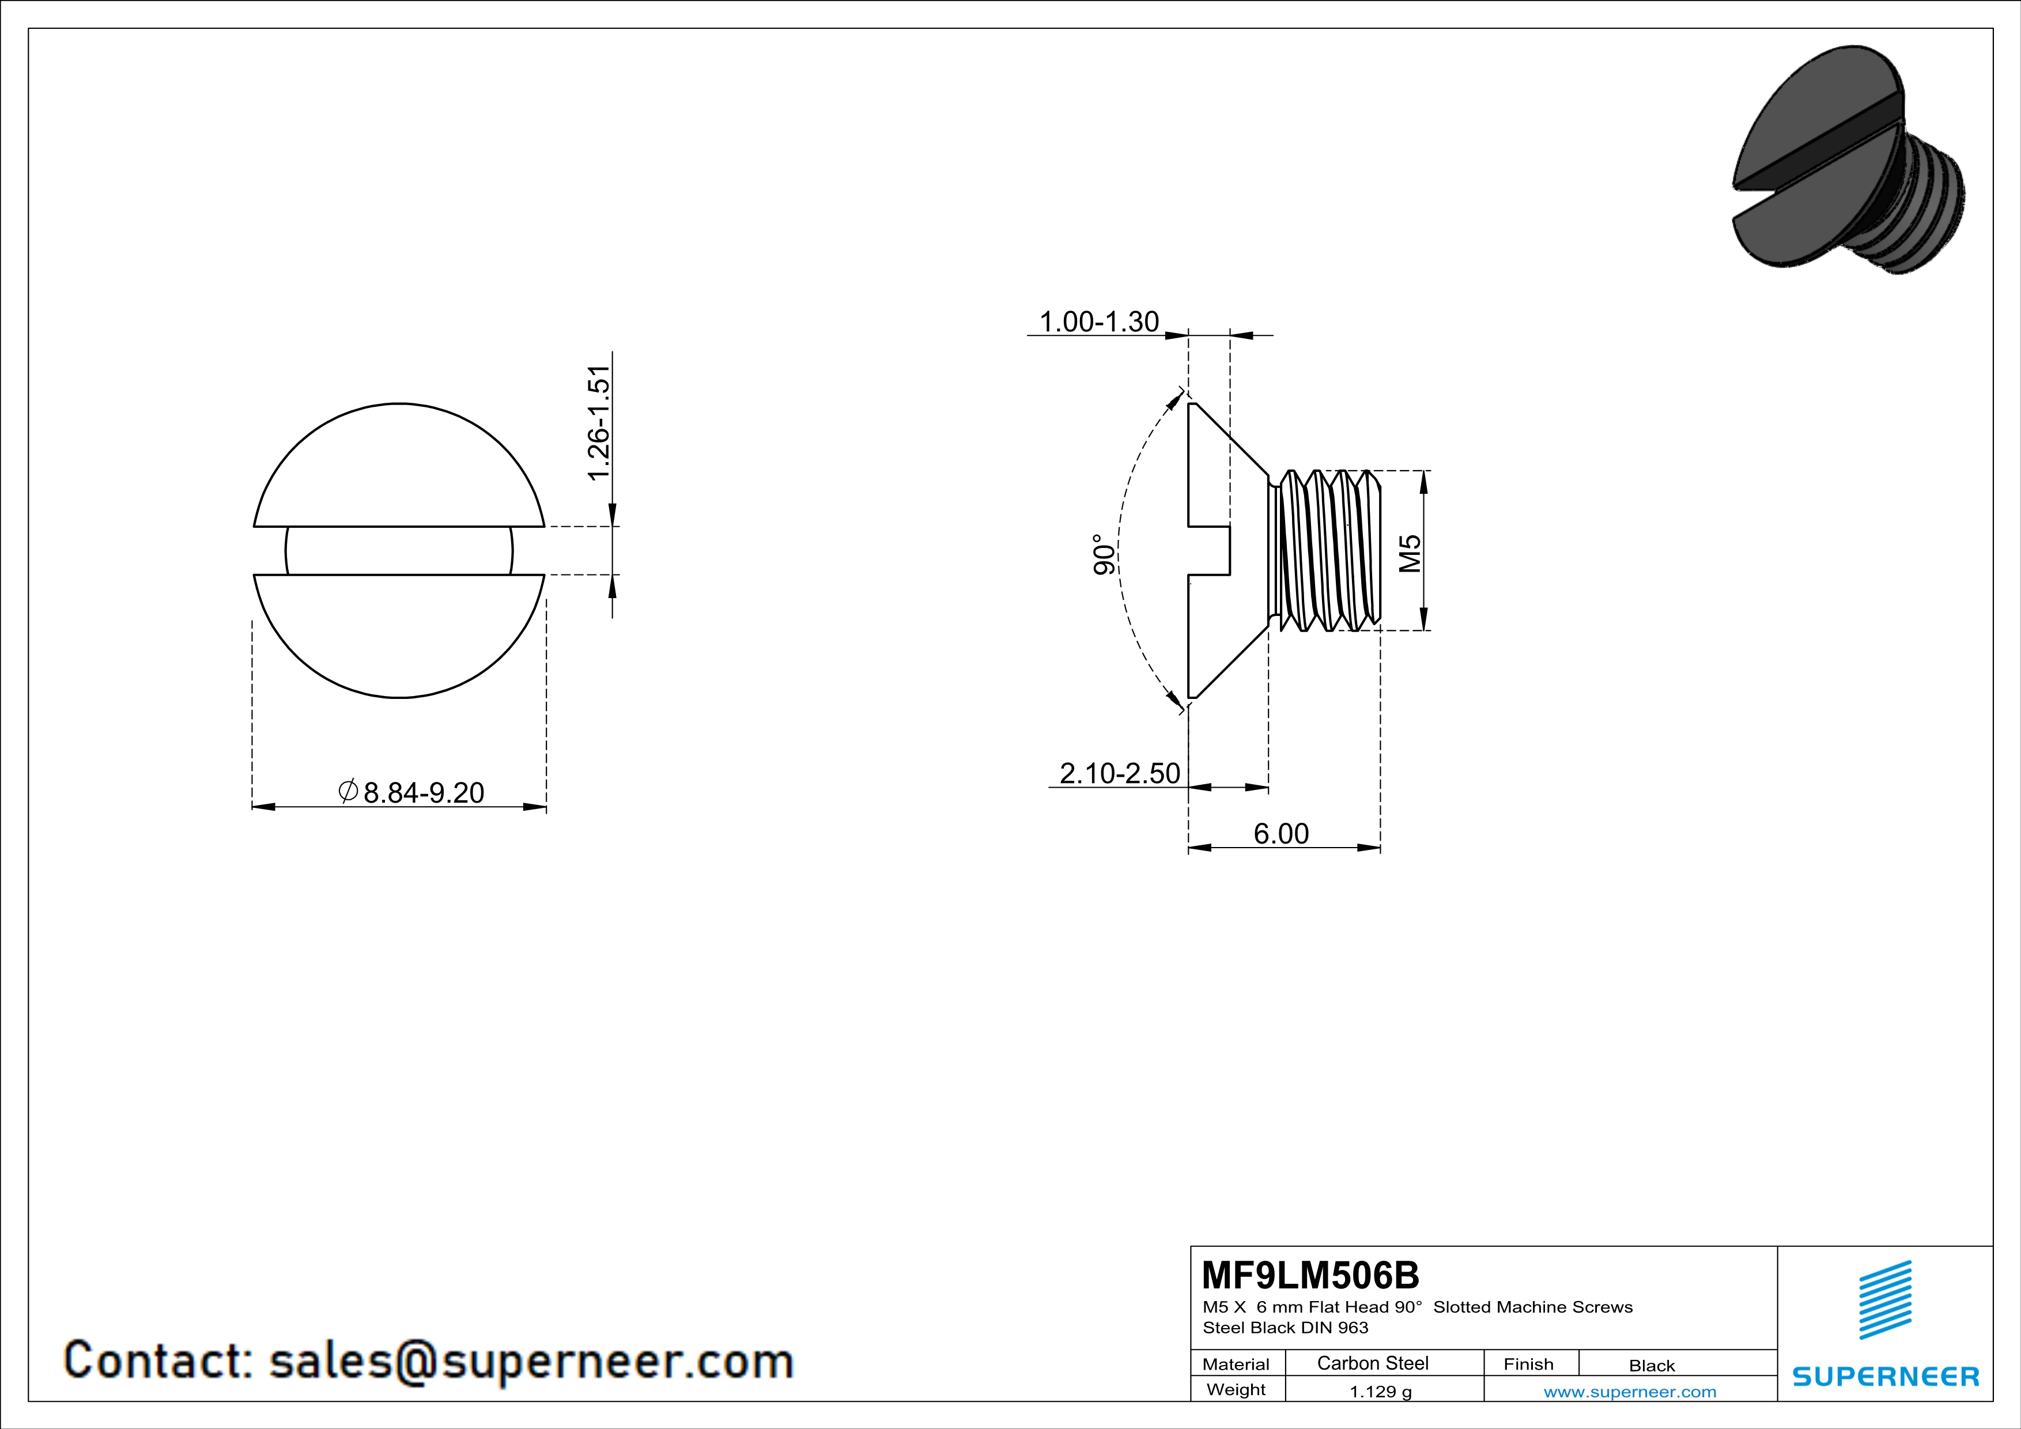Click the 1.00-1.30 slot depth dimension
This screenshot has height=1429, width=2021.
point(1100,322)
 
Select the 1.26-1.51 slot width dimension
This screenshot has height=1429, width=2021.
point(599,424)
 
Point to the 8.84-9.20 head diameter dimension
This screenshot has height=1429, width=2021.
point(424,793)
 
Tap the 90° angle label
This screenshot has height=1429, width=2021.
point(1103,554)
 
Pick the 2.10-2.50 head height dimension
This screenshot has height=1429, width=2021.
point(1120,773)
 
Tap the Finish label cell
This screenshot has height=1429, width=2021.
point(1529,1364)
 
